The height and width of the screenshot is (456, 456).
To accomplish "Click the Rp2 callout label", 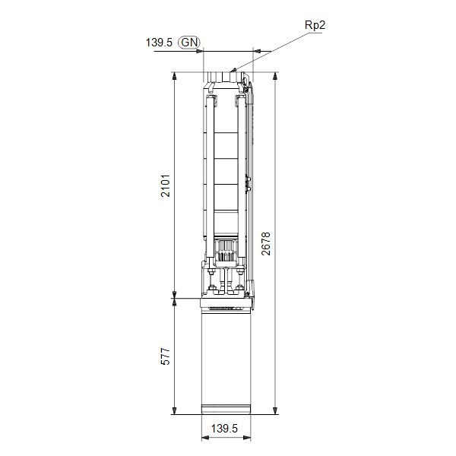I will pyautogui.click(x=315, y=25).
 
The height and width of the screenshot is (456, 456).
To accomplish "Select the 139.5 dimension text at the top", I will pyautogui.click(x=160, y=43).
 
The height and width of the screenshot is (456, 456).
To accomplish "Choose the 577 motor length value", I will pyautogui.click(x=166, y=356).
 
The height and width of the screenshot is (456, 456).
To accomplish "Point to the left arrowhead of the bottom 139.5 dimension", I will pyautogui.click(x=204, y=439).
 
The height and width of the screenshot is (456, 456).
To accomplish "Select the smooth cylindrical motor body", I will pyautogui.click(x=225, y=357).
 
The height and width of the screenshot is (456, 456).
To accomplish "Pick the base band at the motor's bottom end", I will pyautogui.click(x=225, y=410).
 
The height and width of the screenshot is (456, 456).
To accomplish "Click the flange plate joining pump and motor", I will pyautogui.click(x=225, y=302).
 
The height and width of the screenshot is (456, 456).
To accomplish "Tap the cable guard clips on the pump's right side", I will pyautogui.click(x=248, y=182).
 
